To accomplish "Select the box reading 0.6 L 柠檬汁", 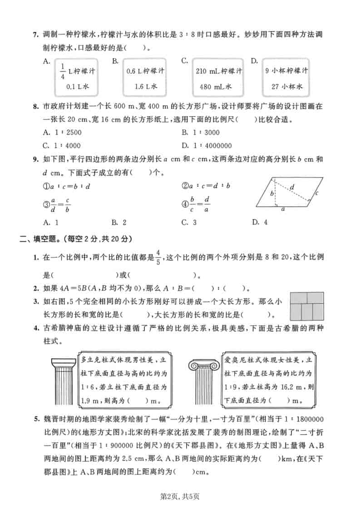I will tap(145, 78).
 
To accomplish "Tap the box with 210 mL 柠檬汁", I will tap(219, 78).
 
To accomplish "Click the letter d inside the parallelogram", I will tap(291, 186).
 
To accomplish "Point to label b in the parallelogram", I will tap(271, 194).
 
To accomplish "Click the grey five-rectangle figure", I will tap(307, 306).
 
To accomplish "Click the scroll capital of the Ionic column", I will tap(205, 363).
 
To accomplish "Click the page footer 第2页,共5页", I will tap(180, 495).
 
